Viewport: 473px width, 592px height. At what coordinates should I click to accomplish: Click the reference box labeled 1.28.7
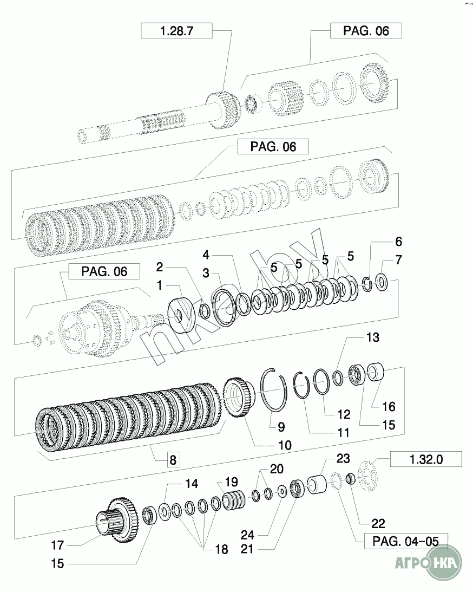[x=176, y=30]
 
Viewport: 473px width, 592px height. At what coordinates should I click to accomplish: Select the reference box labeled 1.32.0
[x=426, y=459]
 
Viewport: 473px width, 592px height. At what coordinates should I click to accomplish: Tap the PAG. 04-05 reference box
[x=406, y=541]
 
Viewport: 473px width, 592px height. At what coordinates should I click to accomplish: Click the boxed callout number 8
[x=173, y=459]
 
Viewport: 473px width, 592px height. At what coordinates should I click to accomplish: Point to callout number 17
[x=57, y=545]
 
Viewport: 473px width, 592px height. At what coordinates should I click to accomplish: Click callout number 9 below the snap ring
[x=281, y=427]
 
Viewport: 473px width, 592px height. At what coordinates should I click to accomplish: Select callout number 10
[x=285, y=445]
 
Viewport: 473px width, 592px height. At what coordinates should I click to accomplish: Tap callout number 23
[x=343, y=458]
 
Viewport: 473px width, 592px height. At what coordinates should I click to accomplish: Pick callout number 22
[x=378, y=523]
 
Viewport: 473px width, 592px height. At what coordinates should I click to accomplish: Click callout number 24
[x=248, y=535]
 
